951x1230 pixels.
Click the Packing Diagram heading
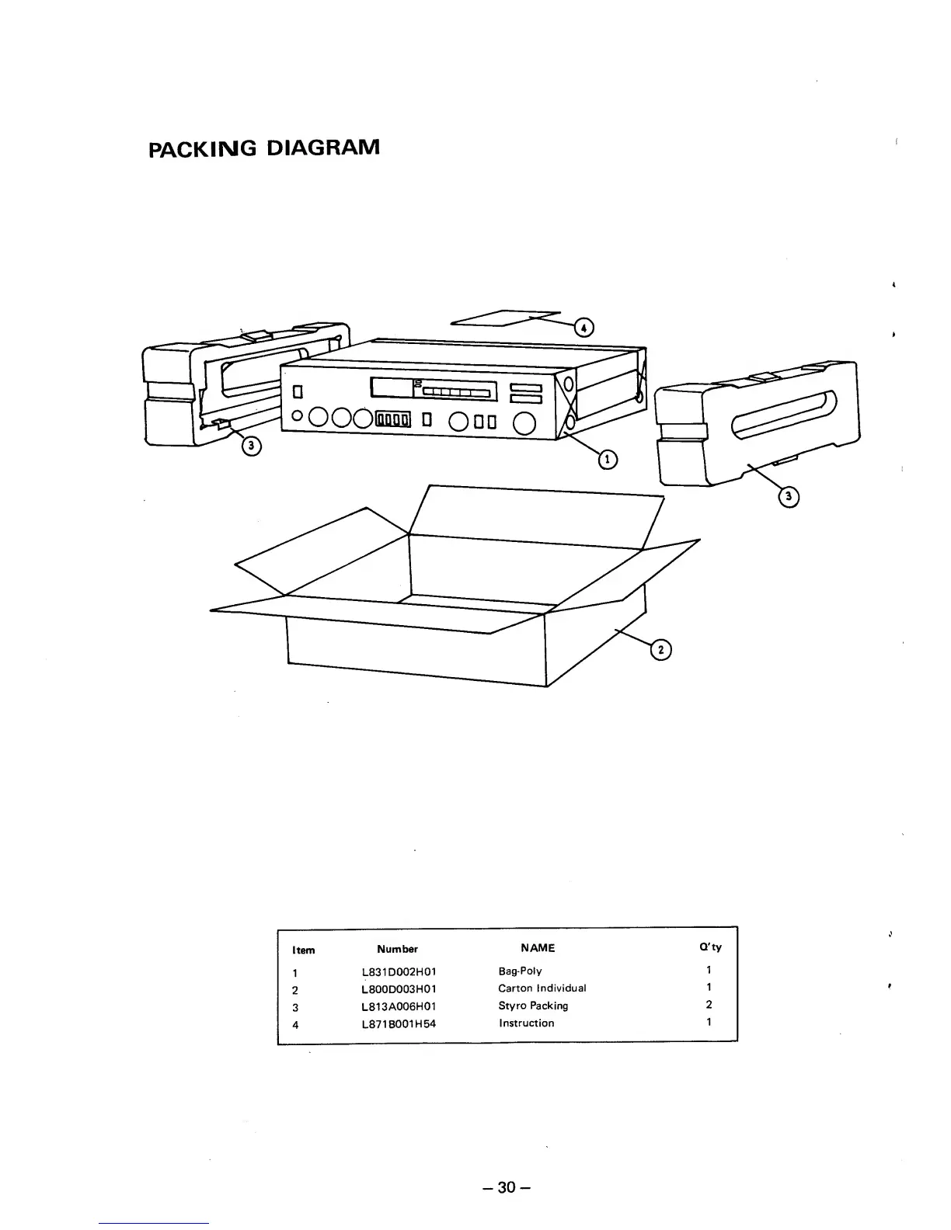pos(264,147)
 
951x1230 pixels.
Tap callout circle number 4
pos(582,328)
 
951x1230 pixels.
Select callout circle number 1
pos(606,460)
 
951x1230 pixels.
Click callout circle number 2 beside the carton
pos(660,651)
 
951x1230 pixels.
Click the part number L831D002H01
pos(399,971)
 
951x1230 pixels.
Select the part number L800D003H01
pos(399,989)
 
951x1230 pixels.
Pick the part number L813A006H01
pos(399,1006)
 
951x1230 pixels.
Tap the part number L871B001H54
pos(399,1023)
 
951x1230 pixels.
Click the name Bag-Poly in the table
pos(520,971)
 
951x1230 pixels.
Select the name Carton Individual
pos(542,989)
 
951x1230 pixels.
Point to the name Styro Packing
pos(533,1006)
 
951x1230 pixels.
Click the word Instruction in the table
pos(526,1023)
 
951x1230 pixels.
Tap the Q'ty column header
pos(710,947)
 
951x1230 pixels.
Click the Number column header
pos(397,949)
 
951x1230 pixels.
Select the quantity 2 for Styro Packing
pos(709,1005)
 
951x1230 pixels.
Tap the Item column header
pos(303,950)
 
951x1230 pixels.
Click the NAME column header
pos(538,947)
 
